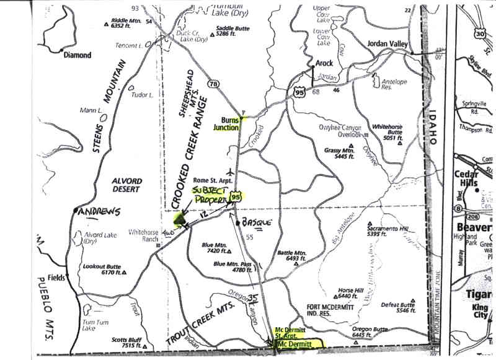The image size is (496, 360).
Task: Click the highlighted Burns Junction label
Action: click(x=226, y=123)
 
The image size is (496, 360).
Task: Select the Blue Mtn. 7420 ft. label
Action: click(x=217, y=248)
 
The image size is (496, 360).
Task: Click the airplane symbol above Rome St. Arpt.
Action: click(x=231, y=171)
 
